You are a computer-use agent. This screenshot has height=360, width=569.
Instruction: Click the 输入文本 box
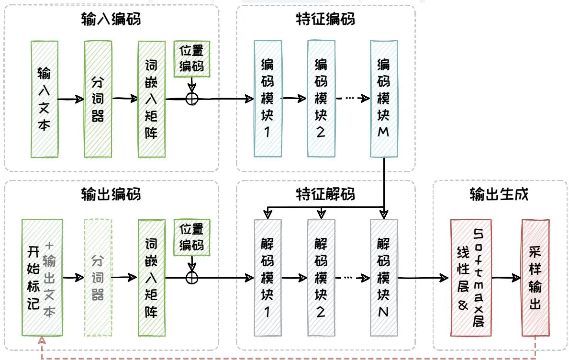click(x=45, y=99)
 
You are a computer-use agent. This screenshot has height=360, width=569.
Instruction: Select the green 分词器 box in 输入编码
click(x=98, y=99)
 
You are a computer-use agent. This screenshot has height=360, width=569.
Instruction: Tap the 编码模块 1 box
click(x=268, y=99)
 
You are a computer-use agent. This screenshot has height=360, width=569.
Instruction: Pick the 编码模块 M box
click(x=384, y=99)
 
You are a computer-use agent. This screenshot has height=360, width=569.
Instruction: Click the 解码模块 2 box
click(x=321, y=278)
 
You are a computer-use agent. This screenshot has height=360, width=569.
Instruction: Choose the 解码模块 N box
click(x=384, y=278)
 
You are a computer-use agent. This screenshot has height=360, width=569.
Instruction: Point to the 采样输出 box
click(x=535, y=278)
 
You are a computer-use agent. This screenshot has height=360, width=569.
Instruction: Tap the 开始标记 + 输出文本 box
click(x=42, y=278)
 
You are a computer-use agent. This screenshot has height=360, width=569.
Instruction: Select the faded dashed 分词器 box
click(x=98, y=278)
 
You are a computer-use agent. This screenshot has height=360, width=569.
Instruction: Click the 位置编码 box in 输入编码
click(x=192, y=58)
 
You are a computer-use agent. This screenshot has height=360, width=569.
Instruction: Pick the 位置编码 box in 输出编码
click(x=192, y=238)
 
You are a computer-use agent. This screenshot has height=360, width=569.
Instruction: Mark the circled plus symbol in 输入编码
click(x=192, y=99)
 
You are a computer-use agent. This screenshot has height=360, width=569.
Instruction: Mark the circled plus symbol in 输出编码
click(x=192, y=278)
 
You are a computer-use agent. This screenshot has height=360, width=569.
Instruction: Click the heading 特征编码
click(x=325, y=20)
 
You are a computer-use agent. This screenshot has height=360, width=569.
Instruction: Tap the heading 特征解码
click(x=325, y=195)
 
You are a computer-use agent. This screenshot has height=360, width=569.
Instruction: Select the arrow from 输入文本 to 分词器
click(x=71, y=100)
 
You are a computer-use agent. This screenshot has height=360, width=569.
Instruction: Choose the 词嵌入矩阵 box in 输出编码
click(x=151, y=278)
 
